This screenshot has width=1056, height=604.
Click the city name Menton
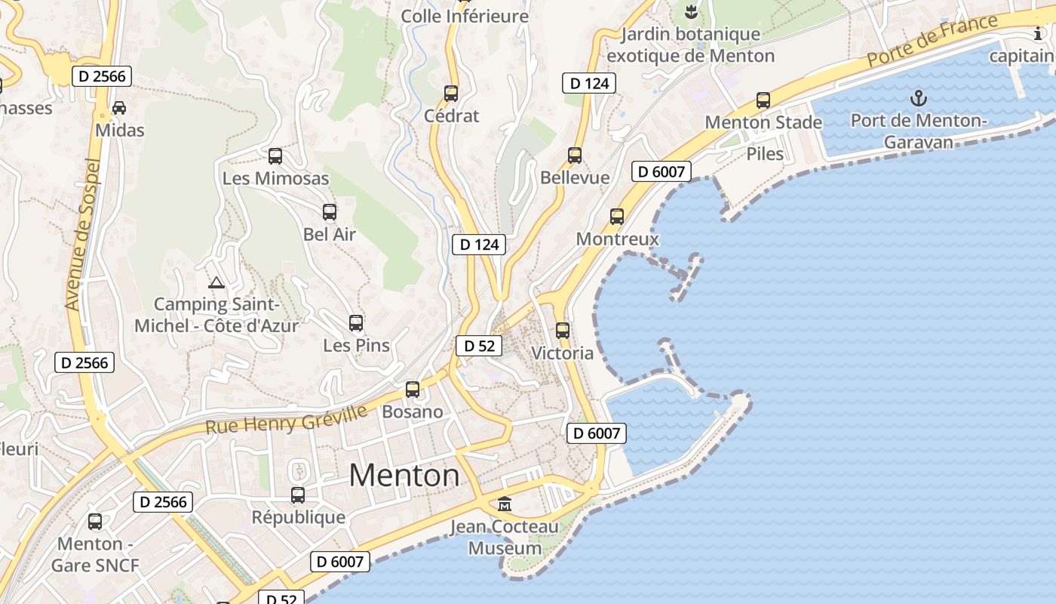[x=404, y=475]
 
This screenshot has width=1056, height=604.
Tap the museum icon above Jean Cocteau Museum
[x=505, y=504]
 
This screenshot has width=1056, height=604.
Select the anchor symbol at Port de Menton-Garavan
[x=918, y=97]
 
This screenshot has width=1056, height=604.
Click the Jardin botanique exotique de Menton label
[x=690, y=45]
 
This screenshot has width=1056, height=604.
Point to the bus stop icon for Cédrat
[x=451, y=94]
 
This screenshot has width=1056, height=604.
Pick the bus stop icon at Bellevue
[x=575, y=156]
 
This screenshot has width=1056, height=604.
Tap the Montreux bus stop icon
[x=617, y=217]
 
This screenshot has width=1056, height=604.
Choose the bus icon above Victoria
[x=563, y=331]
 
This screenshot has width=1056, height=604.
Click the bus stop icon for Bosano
[x=413, y=390]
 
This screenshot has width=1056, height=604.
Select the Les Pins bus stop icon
[x=356, y=323]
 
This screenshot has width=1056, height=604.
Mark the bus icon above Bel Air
[x=330, y=212]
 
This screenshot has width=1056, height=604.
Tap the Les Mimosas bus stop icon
[x=275, y=156]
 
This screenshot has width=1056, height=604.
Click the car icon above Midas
[x=119, y=107]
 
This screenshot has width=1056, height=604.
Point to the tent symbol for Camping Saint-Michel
[x=216, y=283]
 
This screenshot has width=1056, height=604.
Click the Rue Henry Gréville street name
[x=287, y=419]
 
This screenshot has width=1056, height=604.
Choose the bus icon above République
[x=298, y=495]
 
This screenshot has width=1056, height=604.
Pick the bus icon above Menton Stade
[x=763, y=100]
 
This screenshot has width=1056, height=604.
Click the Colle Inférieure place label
[x=465, y=16]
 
